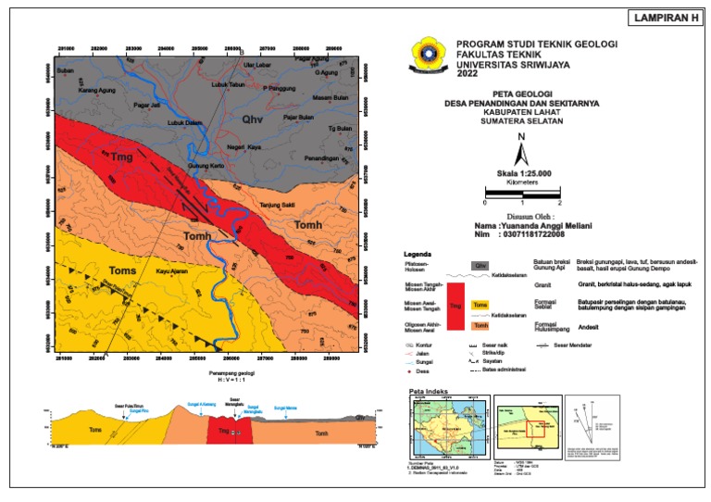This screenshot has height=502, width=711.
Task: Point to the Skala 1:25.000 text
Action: coord(523,173)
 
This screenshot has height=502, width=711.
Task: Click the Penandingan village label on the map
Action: coord(336,158)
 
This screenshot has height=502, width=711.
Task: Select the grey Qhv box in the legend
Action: coord(480,265)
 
